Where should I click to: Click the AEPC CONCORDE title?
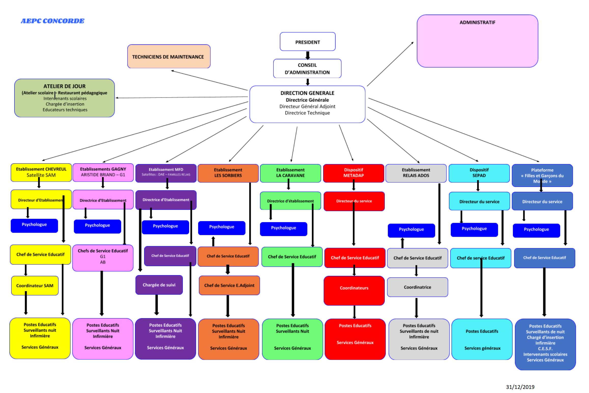click(52, 21)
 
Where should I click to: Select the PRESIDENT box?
click(307, 42)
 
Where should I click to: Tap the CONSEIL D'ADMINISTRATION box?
click(307, 69)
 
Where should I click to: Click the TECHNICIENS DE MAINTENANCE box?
click(169, 57)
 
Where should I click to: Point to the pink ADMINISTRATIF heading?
click(477, 22)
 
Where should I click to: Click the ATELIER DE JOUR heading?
click(64, 86)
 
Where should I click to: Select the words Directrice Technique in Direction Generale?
click(307, 113)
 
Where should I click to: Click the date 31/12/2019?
click(520, 387)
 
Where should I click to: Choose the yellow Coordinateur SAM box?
click(35, 286)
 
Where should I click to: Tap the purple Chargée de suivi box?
click(159, 285)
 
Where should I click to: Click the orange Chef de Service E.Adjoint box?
click(229, 285)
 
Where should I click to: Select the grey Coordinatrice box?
click(417, 287)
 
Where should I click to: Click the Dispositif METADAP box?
click(353, 173)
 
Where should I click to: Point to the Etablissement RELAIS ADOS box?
click(416, 173)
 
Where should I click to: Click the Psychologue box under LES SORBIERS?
click(222, 227)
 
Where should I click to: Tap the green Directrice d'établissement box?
click(290, 201)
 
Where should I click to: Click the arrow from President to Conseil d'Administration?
click(307, 55)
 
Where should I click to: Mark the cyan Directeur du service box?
click(479, 201)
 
